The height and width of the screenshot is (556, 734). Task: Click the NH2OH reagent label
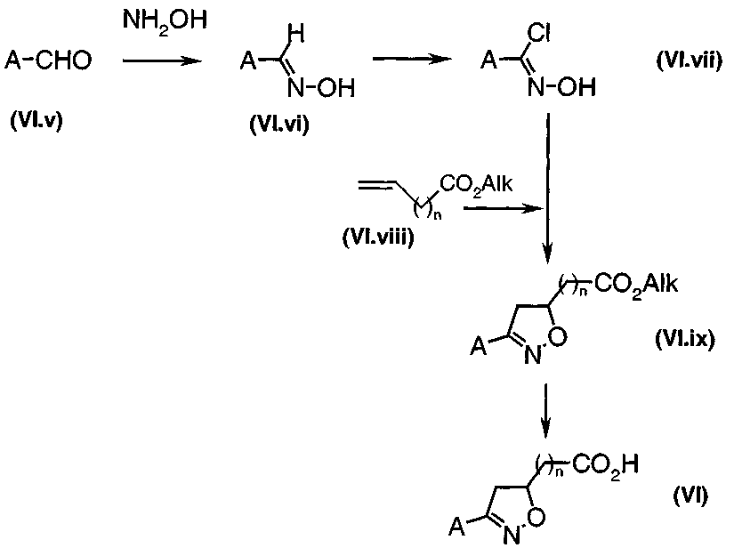165,22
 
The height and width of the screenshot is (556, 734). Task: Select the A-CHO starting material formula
48,60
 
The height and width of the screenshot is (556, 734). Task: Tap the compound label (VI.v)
36,121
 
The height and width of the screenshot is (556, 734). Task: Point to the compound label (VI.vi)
279,125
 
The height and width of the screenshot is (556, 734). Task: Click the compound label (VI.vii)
690,60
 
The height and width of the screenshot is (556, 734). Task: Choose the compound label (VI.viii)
378,238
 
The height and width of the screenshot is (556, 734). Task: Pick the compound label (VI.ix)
685,339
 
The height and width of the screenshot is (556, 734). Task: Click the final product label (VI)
691,496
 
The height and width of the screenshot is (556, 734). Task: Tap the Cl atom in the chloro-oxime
538,33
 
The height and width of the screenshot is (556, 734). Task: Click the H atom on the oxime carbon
296,34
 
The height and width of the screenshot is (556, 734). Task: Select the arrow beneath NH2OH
162,60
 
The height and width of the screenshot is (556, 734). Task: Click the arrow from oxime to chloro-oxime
412,59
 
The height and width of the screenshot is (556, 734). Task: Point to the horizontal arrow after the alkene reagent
503,208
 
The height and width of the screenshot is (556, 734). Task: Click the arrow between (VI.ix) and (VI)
545,410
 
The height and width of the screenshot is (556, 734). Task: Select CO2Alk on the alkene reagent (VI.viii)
476,184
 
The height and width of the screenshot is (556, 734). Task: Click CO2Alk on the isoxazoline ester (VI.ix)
636,284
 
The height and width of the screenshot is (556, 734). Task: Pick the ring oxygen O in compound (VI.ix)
557,336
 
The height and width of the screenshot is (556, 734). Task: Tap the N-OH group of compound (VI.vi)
321,87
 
